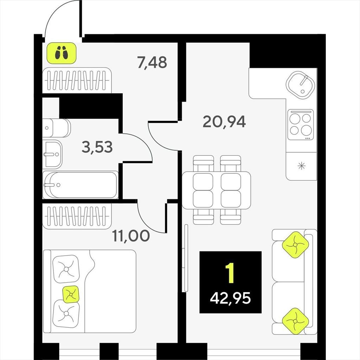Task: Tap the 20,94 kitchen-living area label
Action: pos(224,122)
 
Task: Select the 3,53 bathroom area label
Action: pos(97,147)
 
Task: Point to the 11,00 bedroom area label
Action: pos(131,236)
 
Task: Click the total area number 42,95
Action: pos(230,298)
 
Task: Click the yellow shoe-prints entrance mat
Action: pos(61,53)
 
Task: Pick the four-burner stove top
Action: pos(301,125)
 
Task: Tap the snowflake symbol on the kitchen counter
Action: pos(301,166)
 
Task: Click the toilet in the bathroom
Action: pos(57,128)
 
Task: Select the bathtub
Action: pos(81,185)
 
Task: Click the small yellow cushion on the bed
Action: pos(71,294)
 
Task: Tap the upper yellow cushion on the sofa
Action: pos(295,245)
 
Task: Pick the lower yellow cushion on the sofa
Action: pos(295,321)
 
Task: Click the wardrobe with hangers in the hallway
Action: pos(77,81)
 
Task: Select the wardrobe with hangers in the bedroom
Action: pos(77,216)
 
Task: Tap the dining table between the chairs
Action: pos(216,190)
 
